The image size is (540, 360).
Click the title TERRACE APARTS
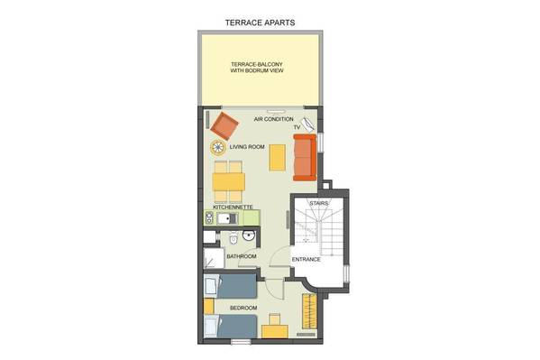point(260,23)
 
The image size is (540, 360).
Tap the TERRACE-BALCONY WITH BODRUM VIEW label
point(257,68)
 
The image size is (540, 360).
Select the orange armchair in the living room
point(224,125)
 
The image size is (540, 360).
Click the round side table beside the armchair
point(218,148)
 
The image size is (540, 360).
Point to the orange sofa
point(305,157)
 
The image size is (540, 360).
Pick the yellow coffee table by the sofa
point(278,158)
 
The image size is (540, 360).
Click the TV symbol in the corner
point(307,125)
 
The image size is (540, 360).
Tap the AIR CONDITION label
point(274,119)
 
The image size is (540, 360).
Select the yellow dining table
point(229,181)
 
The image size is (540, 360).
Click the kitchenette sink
point(228,218)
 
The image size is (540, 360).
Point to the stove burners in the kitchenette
point(209,218)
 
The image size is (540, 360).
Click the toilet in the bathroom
point(233,237)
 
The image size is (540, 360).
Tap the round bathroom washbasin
point(248,235)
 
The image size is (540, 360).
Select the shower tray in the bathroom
point(214,258)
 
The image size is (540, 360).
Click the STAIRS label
point(319,203)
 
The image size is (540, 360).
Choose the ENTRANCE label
point(307,259)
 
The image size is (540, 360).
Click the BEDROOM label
point(243,308)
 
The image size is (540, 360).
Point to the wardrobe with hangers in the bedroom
point(309,310)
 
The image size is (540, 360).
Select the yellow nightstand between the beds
point(209,306)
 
